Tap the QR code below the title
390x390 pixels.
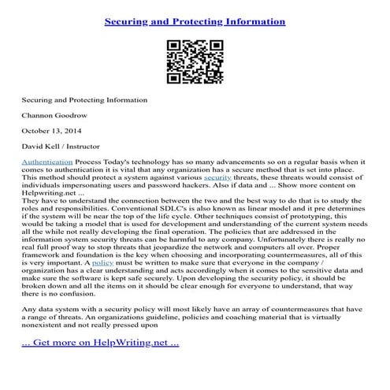[195, 62]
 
